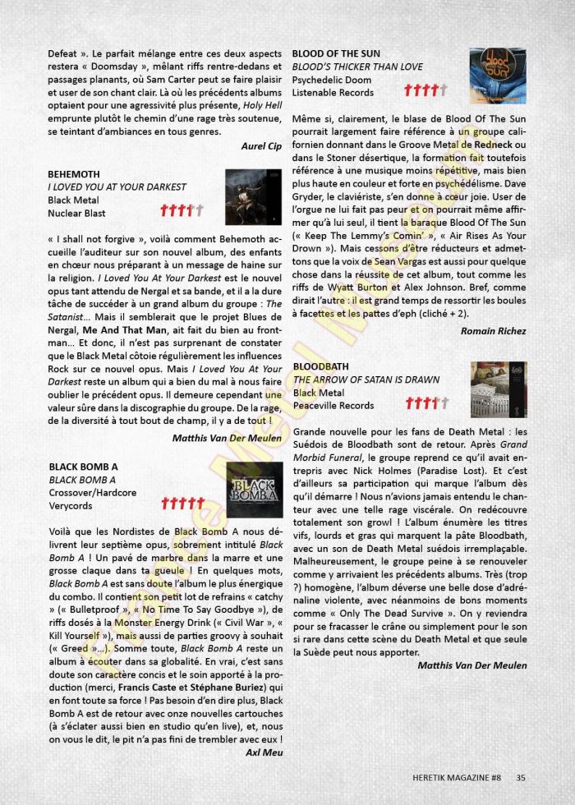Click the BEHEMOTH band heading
74,174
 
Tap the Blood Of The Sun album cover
498,76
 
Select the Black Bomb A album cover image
254,490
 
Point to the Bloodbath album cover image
498,389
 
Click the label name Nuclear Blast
76,214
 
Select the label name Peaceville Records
333,405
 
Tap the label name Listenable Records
333,94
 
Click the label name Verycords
71,506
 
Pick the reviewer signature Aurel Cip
261,145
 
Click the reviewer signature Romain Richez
494,331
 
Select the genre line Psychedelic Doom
331,80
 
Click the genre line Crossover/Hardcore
93,493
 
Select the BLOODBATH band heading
320,366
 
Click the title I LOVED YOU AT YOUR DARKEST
117,187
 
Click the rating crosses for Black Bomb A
183,503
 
